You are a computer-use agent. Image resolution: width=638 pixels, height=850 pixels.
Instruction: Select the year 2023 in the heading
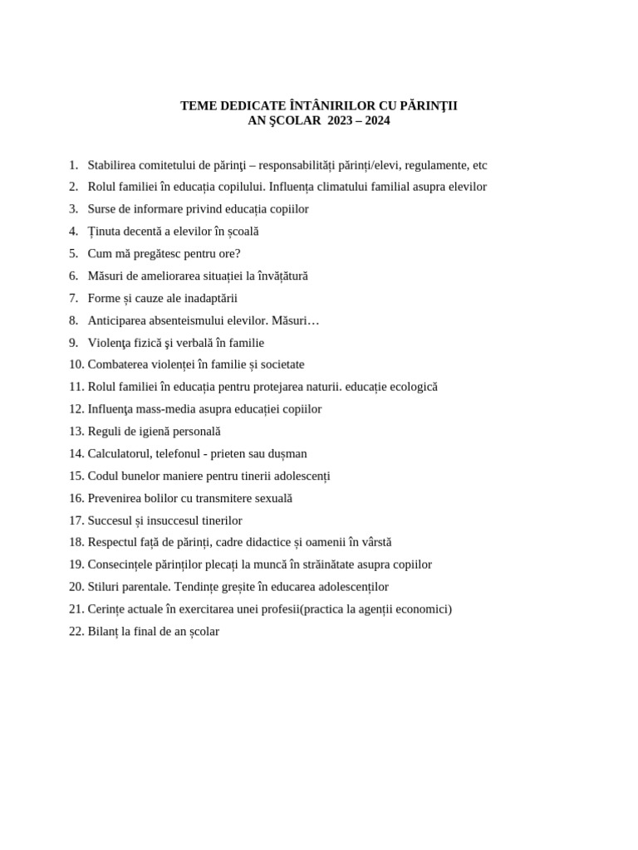coord(341,120)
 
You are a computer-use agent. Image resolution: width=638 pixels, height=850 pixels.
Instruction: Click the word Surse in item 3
coord(102,209)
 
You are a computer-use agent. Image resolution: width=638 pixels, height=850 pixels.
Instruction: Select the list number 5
coord(73,254)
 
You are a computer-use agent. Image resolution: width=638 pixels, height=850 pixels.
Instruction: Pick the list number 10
coord(76,364)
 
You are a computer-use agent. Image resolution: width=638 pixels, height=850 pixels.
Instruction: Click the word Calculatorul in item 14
coord(120,454)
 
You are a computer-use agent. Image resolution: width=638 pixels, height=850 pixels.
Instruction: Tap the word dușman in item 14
coord(287,454)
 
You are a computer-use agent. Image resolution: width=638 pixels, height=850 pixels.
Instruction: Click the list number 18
coord(76,542)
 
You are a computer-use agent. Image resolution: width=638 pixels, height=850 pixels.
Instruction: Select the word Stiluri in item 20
coord(105,587)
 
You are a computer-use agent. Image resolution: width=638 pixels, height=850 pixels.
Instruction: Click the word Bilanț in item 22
coord(103,632)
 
